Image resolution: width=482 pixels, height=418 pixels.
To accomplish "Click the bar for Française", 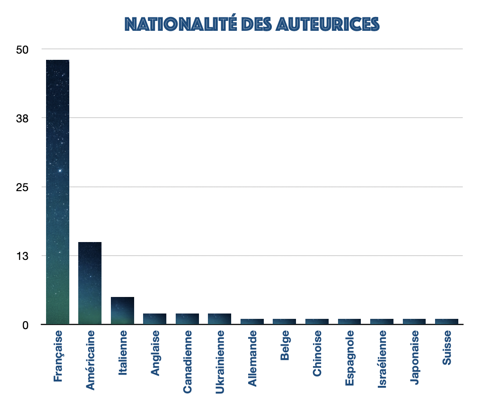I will [x=57, y=192].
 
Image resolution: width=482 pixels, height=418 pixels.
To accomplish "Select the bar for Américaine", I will [x=90, y=283].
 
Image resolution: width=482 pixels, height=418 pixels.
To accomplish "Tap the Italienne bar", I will [x=123, y=310].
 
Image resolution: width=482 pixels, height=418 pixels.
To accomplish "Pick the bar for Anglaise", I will [x=155, y=319].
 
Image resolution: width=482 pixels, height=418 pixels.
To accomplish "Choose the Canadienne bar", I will [x=187, y=319].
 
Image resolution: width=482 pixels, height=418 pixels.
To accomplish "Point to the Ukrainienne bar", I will [x=220, y=319].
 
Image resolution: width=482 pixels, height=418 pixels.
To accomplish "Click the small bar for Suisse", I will [x=447, y=322].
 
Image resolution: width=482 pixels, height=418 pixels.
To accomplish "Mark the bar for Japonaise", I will [x=414, y=322].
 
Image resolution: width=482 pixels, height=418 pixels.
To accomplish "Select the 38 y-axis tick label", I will [x=22, y=118].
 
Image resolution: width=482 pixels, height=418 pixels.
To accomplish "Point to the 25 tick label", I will [x=22, y=187].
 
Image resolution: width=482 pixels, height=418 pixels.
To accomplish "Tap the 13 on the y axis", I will [x=22, y=256].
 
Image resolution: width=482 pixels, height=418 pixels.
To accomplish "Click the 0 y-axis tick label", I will [x=25, y=325].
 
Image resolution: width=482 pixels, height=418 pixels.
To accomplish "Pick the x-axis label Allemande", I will [x=252, y=358].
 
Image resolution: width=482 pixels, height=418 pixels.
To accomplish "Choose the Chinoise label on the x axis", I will [x=317, y=353].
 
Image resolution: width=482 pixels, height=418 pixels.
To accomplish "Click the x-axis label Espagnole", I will [x=350, y=358].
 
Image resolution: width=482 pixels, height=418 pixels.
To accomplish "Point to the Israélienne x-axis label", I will [x=382, y=359].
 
